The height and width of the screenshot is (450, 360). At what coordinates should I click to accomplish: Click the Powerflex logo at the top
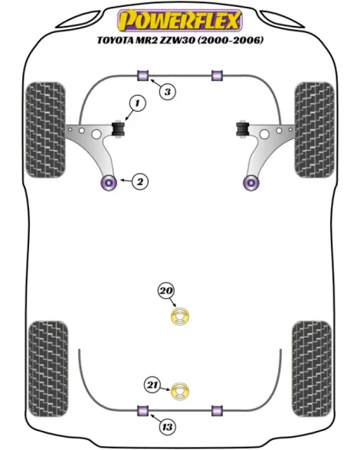click(180, 20)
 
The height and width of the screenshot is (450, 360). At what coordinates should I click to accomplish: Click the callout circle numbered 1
click(138, 103)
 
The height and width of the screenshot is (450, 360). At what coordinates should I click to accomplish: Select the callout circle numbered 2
click(140, 181)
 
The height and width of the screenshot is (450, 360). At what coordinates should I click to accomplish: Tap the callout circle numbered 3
click(167, 92)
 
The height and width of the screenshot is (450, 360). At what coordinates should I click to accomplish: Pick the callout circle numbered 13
click(167, 427)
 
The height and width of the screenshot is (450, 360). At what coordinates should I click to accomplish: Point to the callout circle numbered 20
click(166, 291)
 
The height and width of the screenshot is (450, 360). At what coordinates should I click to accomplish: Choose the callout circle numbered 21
click(152, 384)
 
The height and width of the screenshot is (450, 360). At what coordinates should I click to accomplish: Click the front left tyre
click(45, 130)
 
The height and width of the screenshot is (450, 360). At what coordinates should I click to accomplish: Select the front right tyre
click(314, 130)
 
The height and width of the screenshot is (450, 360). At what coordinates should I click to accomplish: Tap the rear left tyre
click(48, 369)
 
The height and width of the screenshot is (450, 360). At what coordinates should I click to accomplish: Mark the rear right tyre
click(312, 369)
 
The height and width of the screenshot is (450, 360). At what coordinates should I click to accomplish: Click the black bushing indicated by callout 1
click(118, 129)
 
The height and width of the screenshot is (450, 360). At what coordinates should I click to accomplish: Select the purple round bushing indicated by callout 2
click(109, 182)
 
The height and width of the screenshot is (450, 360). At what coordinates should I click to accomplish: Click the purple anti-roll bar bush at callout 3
click(142, 75)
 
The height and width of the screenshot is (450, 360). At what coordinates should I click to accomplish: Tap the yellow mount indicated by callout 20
click(180, 316)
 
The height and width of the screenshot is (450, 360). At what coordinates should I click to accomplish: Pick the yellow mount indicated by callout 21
click(180, 392)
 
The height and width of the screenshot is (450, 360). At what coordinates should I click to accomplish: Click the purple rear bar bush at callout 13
click(142, 410)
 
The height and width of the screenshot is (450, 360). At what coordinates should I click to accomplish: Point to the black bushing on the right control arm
click(243, 129)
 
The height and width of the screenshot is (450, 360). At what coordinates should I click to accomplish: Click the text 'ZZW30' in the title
click(178, 40)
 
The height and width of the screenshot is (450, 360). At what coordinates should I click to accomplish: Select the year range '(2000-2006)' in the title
click(231, 40)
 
